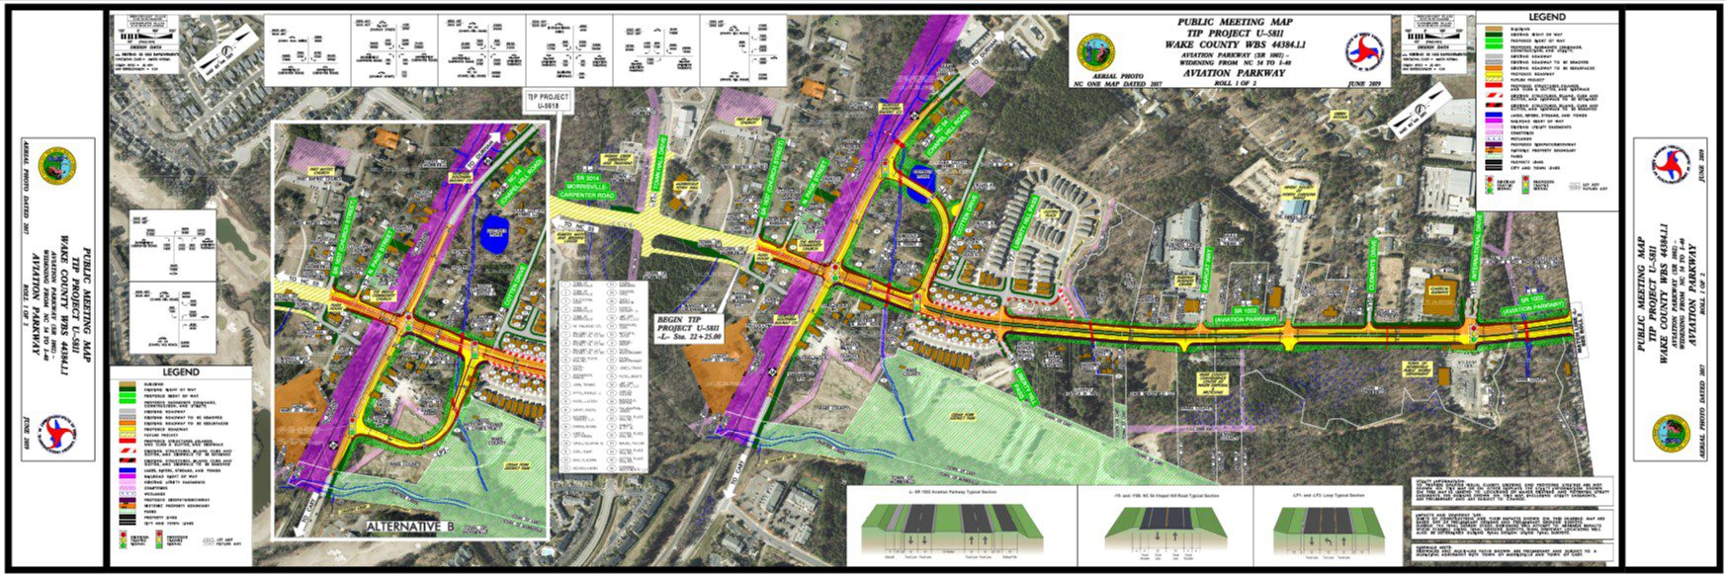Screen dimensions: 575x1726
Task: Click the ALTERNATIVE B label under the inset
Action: point(408,528)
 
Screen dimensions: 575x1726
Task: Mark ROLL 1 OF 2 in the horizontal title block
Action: point(1231,83)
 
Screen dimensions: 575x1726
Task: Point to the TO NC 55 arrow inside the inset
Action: point(294,281)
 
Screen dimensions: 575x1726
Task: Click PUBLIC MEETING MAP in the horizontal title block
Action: point(1231,22)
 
